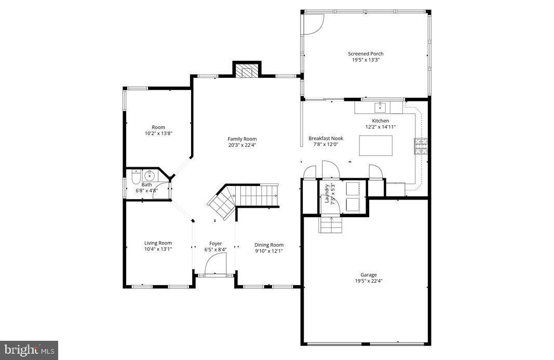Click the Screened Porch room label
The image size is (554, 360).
(366, 54)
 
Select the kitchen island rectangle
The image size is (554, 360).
(376, 145)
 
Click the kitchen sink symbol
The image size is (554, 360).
(380, 108)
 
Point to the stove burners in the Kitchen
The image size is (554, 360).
(420, 146)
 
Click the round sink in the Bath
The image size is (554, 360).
(150, 175)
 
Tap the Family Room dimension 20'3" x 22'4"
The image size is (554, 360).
(242, 145)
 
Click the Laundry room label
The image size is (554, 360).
(327, 193)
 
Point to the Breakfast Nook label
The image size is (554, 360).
(326, 138)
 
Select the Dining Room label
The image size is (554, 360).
(269, 245)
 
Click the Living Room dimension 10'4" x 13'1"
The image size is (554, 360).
(158, 249)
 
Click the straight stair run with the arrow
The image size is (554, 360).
(258, 195)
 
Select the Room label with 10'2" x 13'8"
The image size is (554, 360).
(158, 127)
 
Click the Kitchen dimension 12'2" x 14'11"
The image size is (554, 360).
(381, 127)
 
